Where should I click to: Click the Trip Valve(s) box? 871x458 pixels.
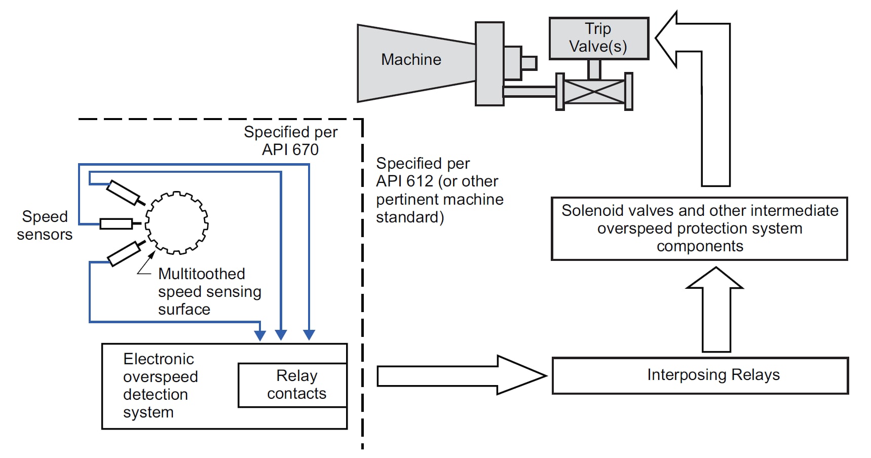pos(598,39)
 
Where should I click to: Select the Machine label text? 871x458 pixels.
pos(411,60)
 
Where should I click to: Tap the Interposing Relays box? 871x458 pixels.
pos(700,375)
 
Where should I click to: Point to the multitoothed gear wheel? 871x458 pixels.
pos(177,222)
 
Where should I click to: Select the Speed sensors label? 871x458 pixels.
pos(45,225)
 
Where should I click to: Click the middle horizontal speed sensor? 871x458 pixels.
pos(117,223)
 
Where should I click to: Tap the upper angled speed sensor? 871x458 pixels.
pos(123,193)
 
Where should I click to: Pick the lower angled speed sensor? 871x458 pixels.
pos(125,253)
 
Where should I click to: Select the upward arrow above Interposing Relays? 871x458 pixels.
pos(715,309)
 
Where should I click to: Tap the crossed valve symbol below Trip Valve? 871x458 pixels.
pos(594,92)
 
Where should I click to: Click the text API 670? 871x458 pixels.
pos(290,150)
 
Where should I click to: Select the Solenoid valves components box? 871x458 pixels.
pos(699,228)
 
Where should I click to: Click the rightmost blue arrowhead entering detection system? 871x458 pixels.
pos(309,335)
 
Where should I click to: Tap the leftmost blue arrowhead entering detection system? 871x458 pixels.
pos(260,335)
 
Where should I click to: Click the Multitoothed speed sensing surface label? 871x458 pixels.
pos(209,291)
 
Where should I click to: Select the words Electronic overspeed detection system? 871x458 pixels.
pos(160,386)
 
